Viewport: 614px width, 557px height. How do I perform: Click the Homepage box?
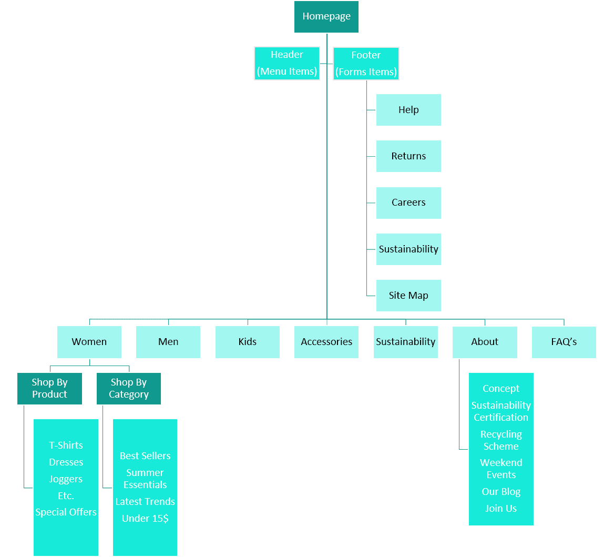[326, 17]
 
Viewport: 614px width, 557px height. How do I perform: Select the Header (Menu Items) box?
[287, 63]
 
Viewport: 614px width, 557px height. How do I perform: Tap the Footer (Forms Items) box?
[366, 64]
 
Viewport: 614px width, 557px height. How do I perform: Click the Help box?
[408, 110]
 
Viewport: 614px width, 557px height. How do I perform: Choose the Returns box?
[408, 156]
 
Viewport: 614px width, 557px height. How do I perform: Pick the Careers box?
[408, 202]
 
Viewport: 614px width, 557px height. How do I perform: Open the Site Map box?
[408, 296]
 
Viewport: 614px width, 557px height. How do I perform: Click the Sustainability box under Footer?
[408, 249]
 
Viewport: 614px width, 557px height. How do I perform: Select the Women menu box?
[89, 342]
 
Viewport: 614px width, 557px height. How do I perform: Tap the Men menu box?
[168, 342]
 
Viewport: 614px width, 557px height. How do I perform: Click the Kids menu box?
[248, 342]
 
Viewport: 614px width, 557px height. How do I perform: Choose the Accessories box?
[326, 342]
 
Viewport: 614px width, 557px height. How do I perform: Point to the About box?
[485, 342]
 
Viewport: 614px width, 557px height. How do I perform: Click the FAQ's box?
[564, 342]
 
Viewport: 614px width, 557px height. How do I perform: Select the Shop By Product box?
[49, 389]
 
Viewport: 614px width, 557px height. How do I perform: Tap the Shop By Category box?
[129, 389]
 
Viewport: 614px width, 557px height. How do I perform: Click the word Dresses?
[66, 462]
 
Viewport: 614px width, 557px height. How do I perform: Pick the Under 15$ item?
[145, 519]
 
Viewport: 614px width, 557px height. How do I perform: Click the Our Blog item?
[501, 492]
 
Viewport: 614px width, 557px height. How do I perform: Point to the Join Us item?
[501, 509]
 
